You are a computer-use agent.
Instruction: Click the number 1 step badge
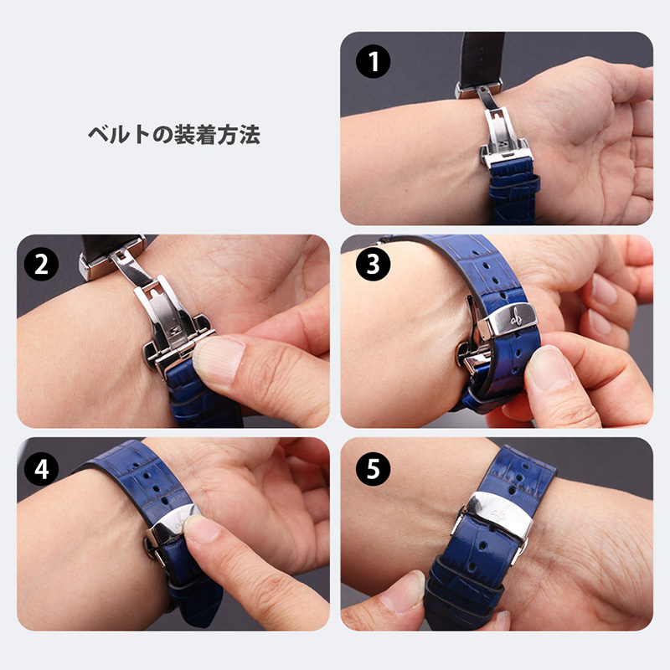click(373, 61)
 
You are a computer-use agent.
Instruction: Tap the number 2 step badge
click(41, 265)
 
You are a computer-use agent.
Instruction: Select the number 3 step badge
click(373, 265)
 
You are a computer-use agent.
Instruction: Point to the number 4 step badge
click(41, 469)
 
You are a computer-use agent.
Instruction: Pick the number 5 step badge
click(373, 469)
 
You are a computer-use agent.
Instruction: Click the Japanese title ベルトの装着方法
click(174, 135)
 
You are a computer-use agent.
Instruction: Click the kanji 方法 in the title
click(239, 135)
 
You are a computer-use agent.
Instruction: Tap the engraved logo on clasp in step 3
click(514, 318)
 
